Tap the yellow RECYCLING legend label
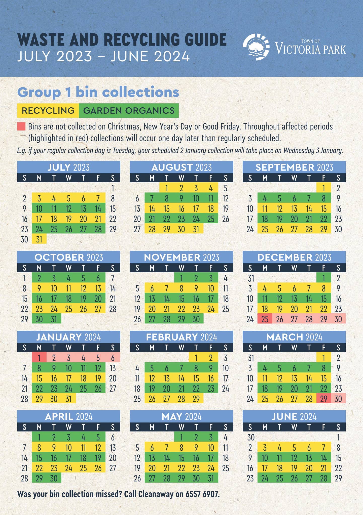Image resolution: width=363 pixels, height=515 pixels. [48, 111]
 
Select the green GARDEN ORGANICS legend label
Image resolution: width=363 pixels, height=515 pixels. [129, 111]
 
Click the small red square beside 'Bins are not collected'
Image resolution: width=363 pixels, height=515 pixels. [21, 126]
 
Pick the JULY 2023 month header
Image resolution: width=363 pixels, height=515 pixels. [68, 167]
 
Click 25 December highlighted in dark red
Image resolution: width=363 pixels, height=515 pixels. [265, 319]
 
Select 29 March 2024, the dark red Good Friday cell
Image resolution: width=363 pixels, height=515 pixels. [323, 399]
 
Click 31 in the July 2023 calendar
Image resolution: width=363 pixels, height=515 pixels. [39, 239]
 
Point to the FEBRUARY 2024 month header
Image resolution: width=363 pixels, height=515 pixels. [181, 337]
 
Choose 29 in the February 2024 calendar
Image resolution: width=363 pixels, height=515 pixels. [196, 399]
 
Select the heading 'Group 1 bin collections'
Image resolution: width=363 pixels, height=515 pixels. [98, 92]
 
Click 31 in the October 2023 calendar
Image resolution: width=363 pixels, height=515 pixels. [54, 319]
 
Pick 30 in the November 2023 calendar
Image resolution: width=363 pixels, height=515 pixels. [196, 319]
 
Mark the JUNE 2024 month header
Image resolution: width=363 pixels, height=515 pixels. [294, 417]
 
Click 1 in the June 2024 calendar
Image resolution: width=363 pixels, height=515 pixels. [338, 438]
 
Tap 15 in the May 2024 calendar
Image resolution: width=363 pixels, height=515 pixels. [181, 458]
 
